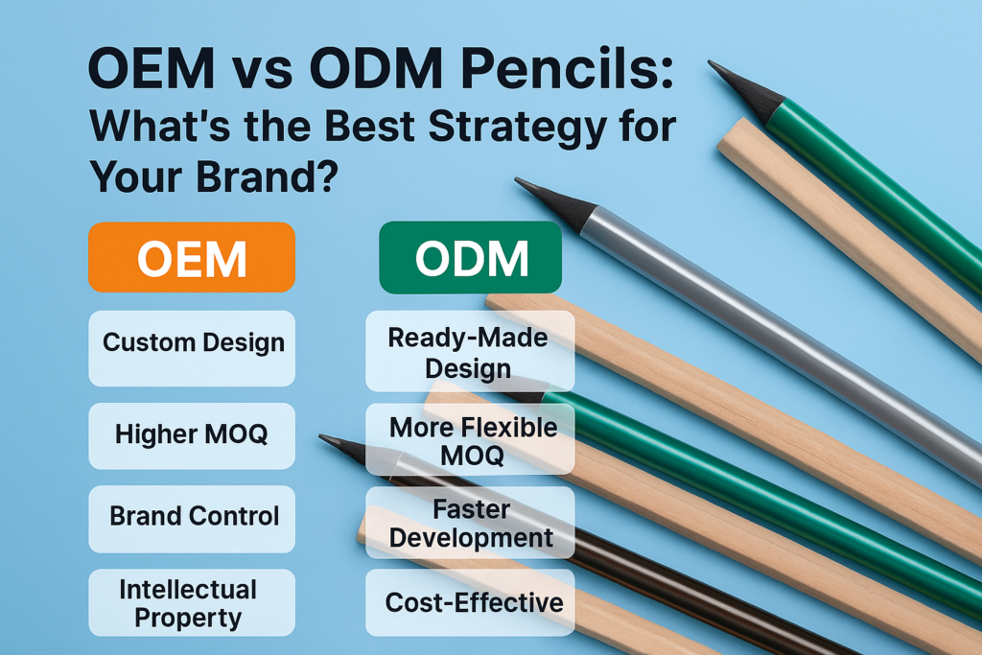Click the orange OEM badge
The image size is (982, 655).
click(x=192, y=257)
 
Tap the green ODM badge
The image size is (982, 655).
click(x=471, y=257)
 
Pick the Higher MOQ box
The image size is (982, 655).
click(x=192, y=435)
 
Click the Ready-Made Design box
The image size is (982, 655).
click(x=470, y=351)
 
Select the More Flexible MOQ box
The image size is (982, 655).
click(x=470, y=439)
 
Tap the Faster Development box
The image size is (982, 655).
click(x=470, y=523)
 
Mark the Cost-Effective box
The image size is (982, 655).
click(x=470, y=602)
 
